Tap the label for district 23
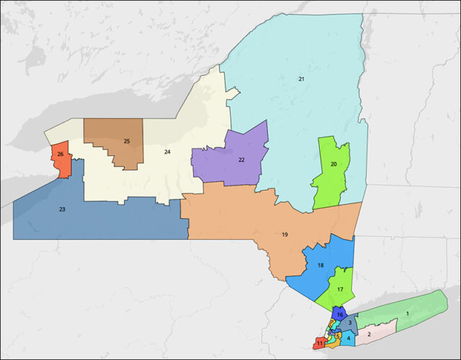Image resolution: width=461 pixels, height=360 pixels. (x=62, y=210)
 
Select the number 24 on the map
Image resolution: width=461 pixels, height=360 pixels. (x=167, y=152)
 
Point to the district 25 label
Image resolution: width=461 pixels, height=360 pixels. (x=126, y=141)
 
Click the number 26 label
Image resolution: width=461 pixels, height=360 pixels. (x=61, y=155)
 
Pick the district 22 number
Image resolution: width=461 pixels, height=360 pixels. (x=241, y=160)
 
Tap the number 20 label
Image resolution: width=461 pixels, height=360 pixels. (x=334, y=164)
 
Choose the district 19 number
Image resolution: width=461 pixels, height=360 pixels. (x=285, y=235)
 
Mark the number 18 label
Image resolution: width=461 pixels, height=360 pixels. (x=321, y=266)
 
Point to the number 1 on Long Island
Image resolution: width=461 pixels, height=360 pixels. (x=407, y=313)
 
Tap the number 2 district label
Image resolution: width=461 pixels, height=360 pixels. (x=369, y=335)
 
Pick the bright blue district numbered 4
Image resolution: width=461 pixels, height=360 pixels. (x=349, y=338)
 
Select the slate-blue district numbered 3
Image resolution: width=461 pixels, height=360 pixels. (x=349, y=324)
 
